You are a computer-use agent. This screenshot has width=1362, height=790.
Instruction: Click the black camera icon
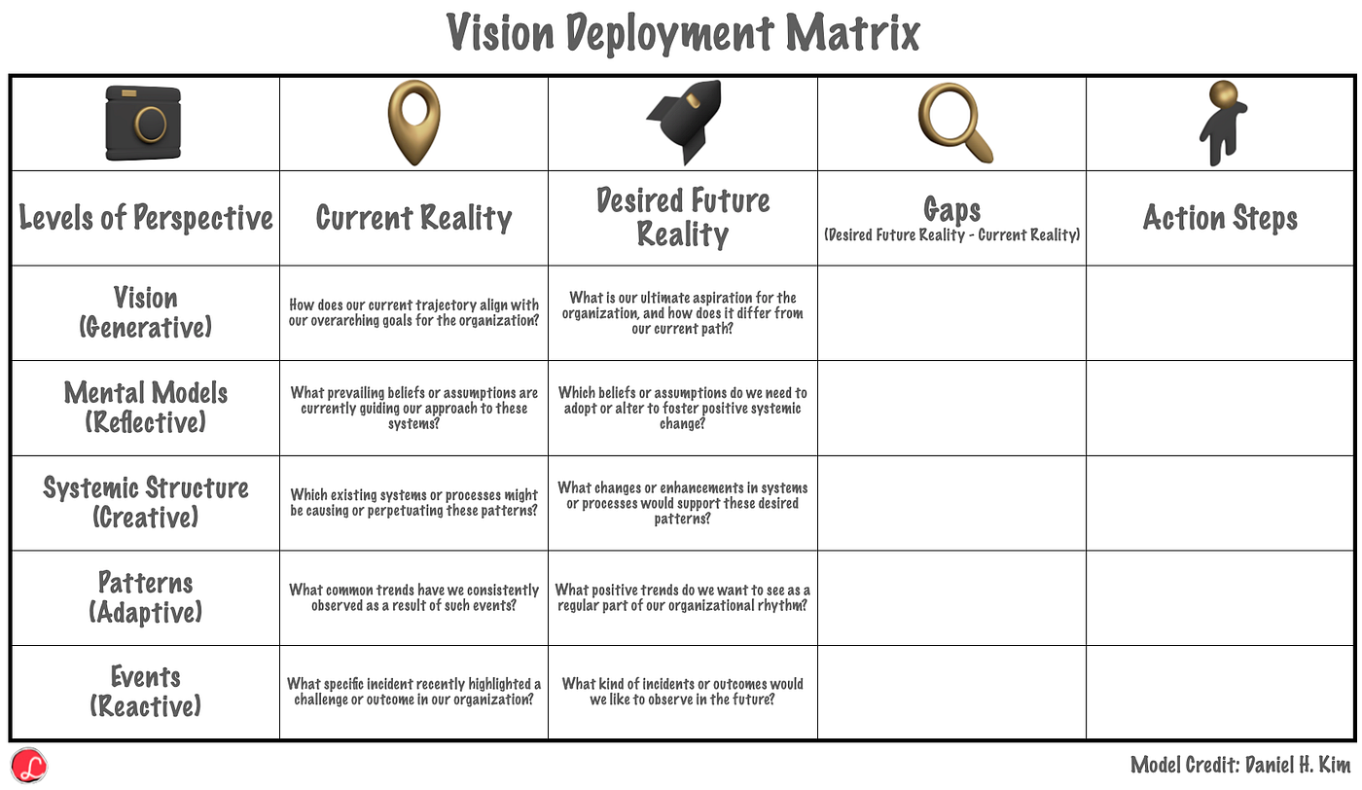(143, 123)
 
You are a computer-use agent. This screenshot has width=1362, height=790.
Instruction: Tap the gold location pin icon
(414, 123)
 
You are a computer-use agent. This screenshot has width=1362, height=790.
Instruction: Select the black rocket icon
(684, 122)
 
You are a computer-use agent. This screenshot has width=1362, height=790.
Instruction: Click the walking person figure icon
(1223, 123)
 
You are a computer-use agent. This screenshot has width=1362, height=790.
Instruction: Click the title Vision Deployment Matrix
(683, 33)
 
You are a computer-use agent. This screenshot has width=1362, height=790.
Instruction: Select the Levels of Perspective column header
(146, 218)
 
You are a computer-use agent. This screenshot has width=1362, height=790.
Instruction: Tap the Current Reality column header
(413, 218)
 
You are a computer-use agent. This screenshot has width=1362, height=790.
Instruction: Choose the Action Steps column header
(1220, 218)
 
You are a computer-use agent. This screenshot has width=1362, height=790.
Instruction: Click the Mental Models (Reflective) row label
(146, 408)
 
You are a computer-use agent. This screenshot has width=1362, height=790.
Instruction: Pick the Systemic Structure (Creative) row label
(146, 502)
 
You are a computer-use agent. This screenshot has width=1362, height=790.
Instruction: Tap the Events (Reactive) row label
(146, 692)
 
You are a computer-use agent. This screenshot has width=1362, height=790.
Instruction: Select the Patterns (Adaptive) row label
(146, 597)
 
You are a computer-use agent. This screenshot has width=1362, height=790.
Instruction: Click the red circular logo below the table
(28, 766)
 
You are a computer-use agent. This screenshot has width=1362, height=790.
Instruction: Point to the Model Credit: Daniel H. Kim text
(1240, 765)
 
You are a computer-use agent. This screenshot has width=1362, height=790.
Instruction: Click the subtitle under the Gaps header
(952, 234)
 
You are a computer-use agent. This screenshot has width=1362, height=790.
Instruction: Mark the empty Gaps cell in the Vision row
(952, 312)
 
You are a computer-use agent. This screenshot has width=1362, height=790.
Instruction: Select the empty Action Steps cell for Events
(1220, 692)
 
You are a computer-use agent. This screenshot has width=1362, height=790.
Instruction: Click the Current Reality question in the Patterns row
(413, 597)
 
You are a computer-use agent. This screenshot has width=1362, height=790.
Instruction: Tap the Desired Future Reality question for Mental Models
(682, 408)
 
